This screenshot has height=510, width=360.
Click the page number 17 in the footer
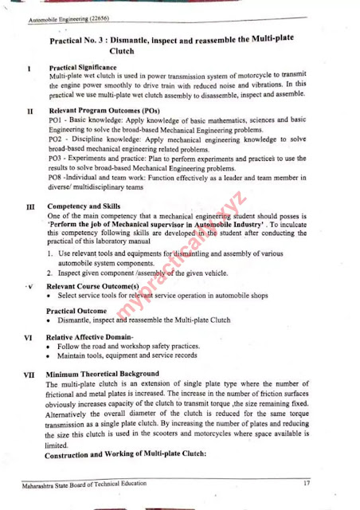306,484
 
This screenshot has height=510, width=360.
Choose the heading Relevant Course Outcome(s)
92,285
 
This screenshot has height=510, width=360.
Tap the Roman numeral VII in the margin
29,374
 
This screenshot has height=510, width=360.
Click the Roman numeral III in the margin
29,207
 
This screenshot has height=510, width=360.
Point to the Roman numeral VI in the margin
28,337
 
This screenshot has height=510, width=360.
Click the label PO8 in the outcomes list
57,179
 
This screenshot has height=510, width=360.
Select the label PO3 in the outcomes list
57,159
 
